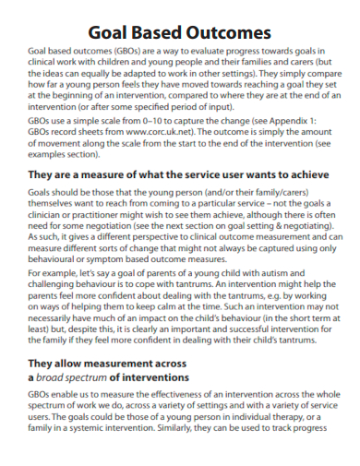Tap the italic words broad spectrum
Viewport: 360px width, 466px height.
tap(71, 403)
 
